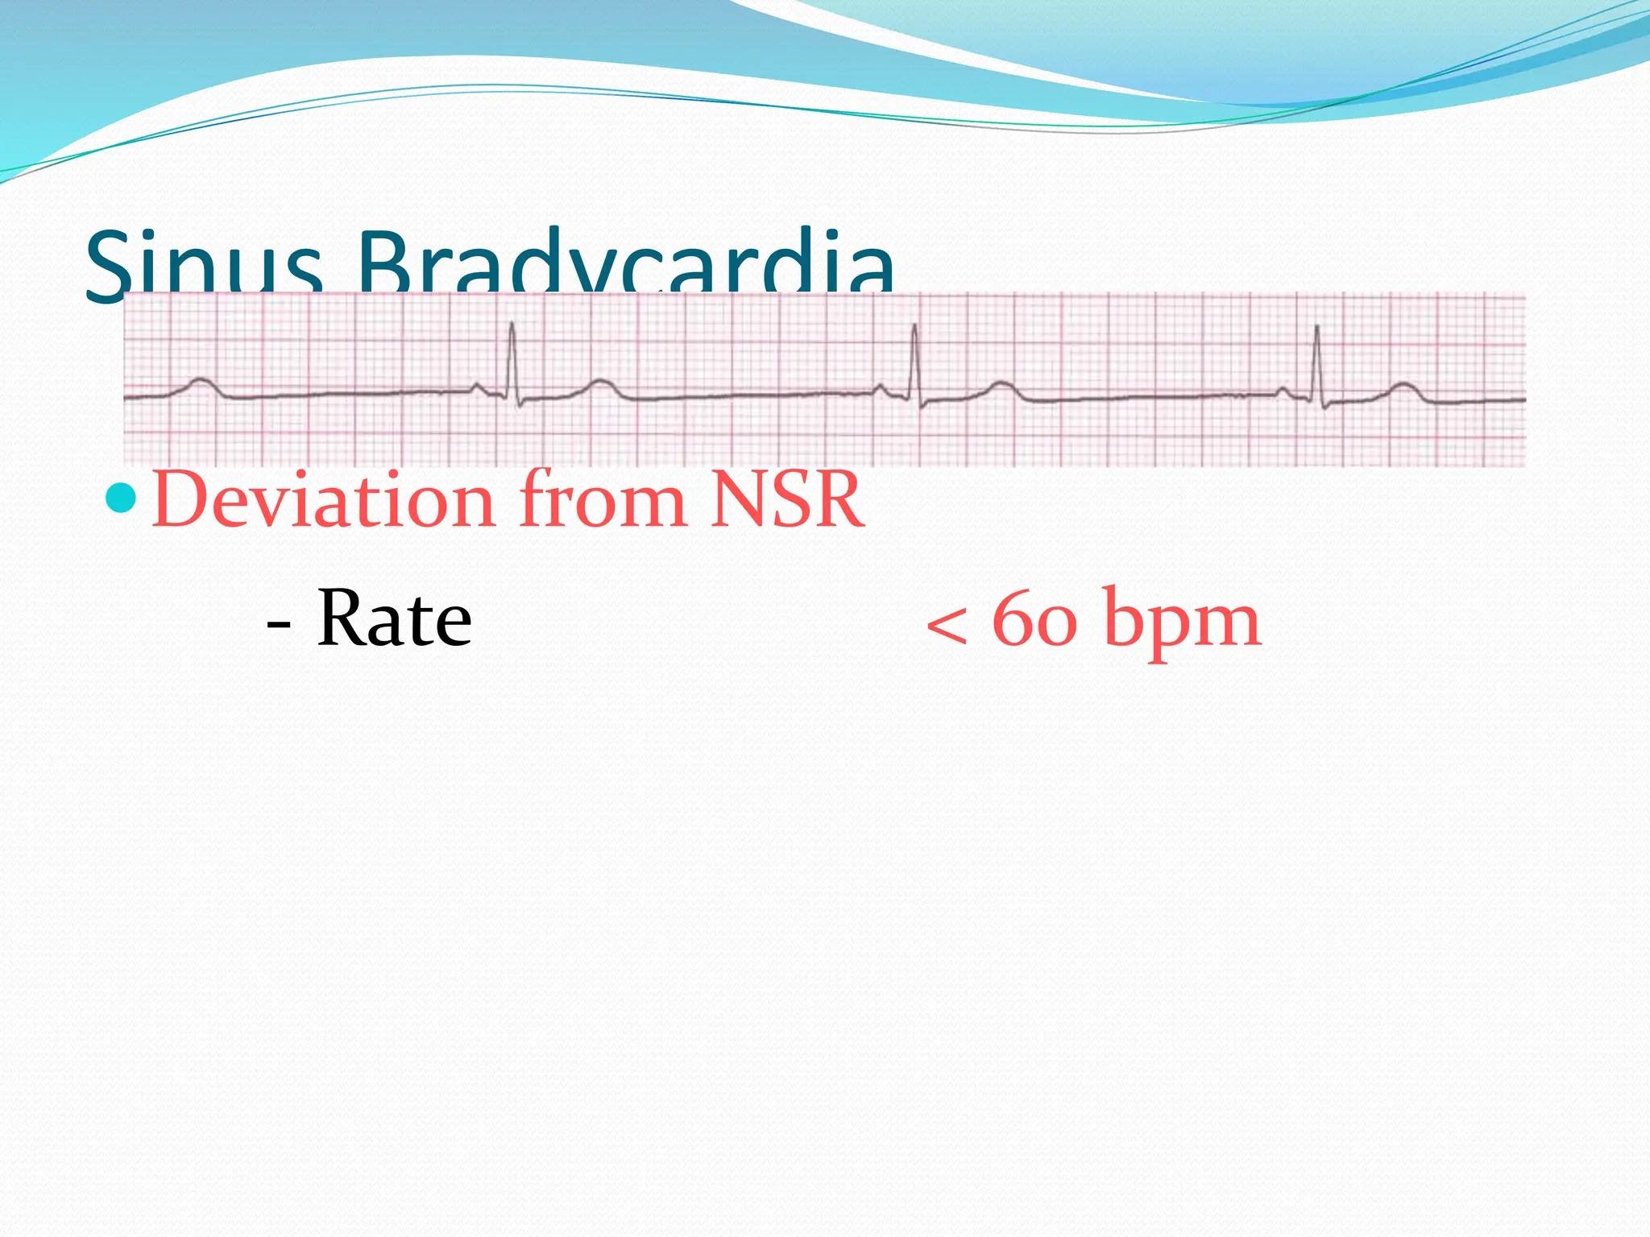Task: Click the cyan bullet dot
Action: pos(122,499)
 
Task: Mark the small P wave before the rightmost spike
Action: pos(1282,390)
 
